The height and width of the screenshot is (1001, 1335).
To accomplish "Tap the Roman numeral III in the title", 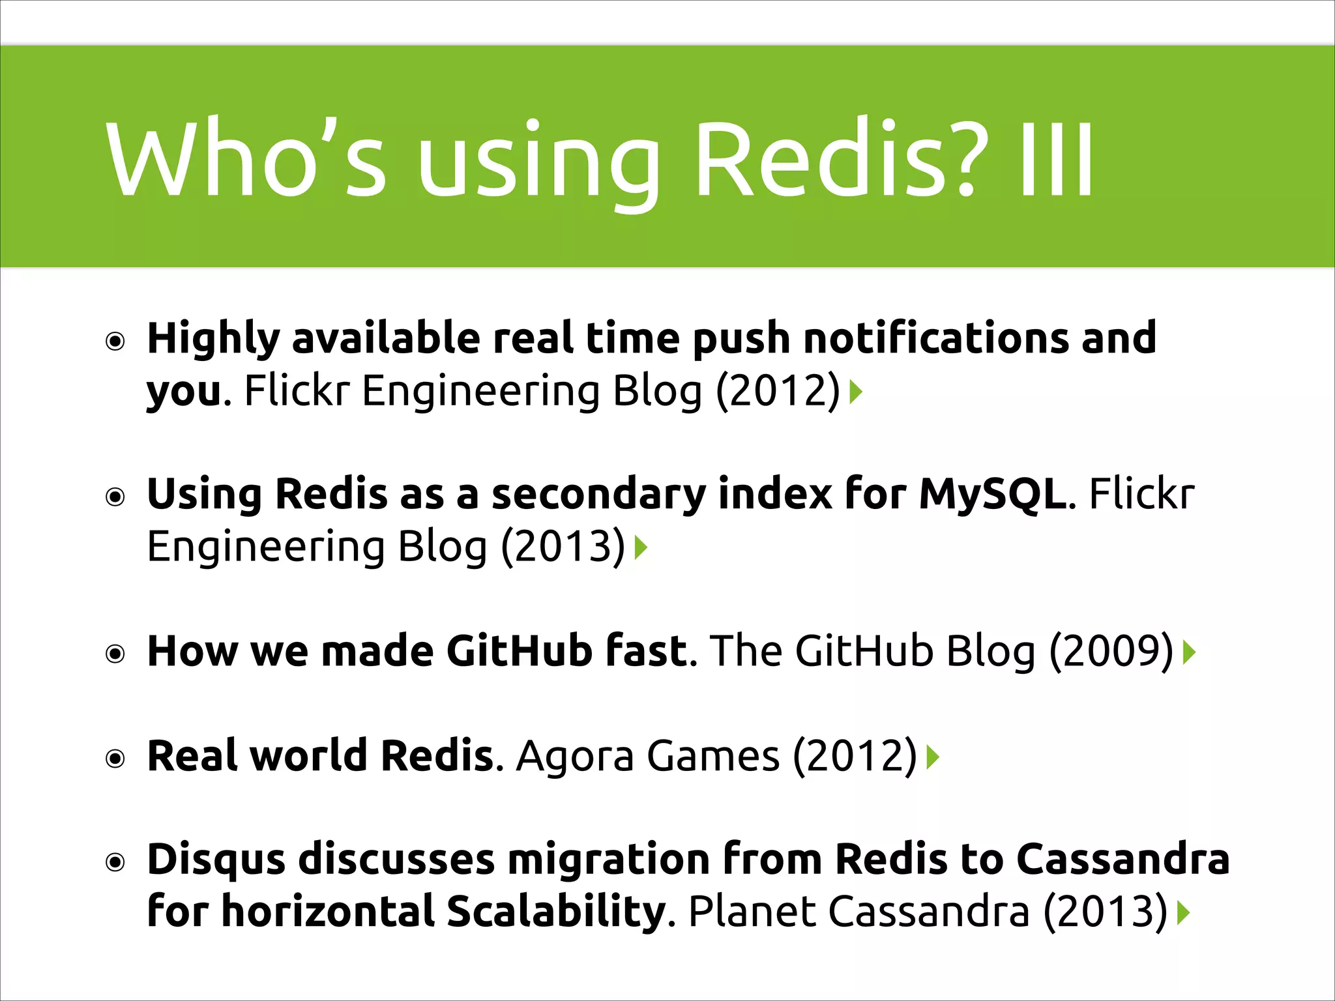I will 1056,160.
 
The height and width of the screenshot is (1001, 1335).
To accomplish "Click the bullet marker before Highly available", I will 115,341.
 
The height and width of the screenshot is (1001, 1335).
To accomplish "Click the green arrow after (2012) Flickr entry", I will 857,392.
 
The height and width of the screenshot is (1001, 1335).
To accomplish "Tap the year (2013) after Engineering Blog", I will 563,546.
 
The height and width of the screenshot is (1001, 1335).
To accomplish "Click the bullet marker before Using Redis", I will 115,498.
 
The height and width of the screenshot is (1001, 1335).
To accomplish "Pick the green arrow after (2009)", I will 1190,652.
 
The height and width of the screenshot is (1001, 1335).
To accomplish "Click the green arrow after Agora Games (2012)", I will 933,757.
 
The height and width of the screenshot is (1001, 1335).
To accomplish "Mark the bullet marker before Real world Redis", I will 115,759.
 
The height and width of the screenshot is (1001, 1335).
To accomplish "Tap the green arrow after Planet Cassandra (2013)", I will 1184,913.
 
